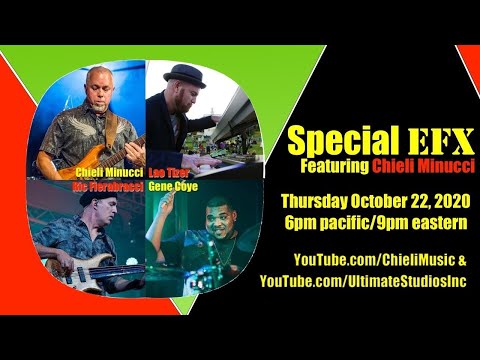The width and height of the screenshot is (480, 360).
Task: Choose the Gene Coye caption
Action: click(x=170, y=185)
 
